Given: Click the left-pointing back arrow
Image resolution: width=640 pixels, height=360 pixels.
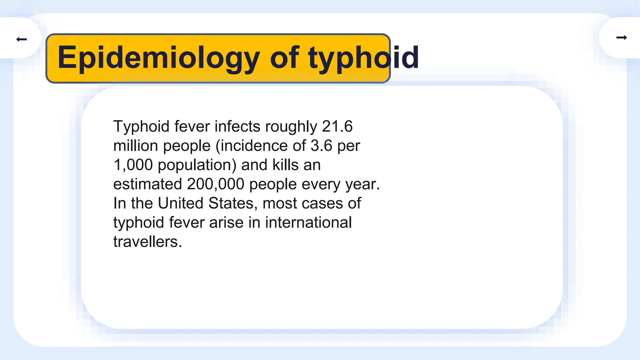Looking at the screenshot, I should [22, 39].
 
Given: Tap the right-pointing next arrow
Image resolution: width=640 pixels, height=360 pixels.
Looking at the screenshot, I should [622, 37].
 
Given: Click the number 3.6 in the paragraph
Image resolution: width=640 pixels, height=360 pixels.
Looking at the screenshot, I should [321, 146].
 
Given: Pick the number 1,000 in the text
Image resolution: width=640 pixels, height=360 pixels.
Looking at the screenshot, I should [133, 165].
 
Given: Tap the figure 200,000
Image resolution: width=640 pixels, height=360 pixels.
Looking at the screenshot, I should [215, 184].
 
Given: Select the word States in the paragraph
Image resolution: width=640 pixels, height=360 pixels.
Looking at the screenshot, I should [233, 203].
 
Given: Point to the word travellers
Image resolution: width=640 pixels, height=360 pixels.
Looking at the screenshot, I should [147, 242].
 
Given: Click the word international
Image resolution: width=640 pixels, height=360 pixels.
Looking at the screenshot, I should [308, 222].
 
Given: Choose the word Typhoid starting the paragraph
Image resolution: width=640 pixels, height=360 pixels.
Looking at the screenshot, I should [141, 127].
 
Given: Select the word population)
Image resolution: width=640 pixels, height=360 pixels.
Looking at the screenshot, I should [197, 165].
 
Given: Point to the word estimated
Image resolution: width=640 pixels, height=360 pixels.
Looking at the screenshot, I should [147, 184].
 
